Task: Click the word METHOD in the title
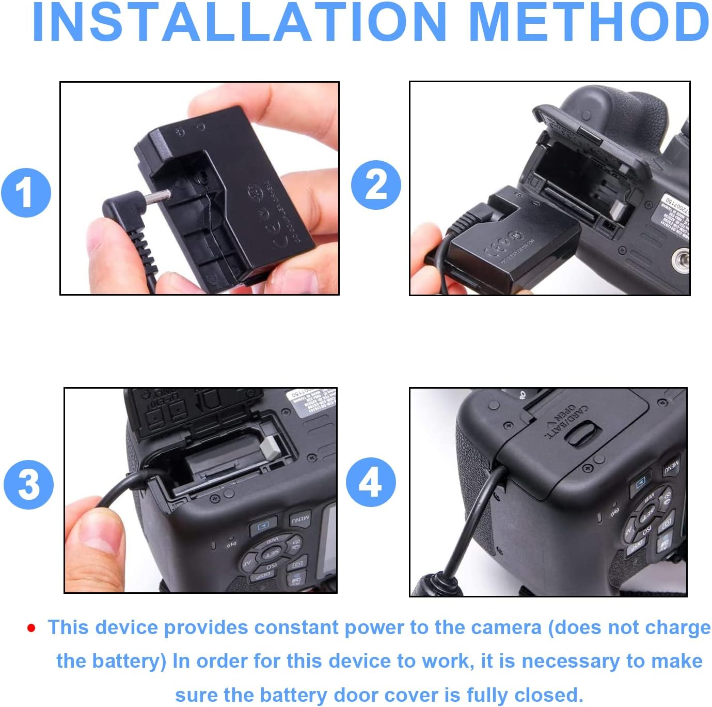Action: coord(590,23)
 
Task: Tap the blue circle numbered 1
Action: coord(26,193)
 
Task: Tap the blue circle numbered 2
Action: coord(376,185)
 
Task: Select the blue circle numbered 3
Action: coord(28,485)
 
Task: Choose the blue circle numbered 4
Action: coord(371,482)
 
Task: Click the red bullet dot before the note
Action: coord(31,628)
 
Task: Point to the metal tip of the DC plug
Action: coord(158,198)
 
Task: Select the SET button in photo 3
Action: coord(271,554)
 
